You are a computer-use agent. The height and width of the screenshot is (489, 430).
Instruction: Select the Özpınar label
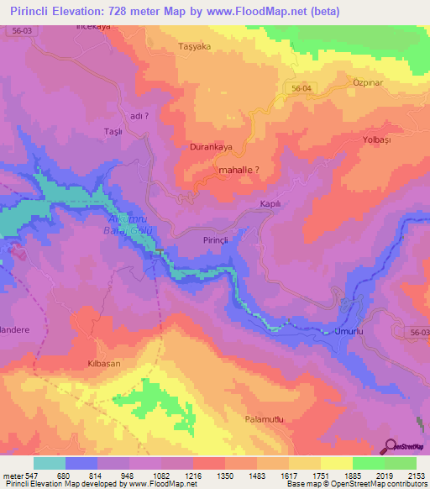click(x=368, y=84)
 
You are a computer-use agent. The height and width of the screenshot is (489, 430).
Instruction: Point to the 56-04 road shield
click(x=302, y=88)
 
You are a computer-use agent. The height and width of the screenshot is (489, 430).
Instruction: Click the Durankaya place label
click(x=210, y=146)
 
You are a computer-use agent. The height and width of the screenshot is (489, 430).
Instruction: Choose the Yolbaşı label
click(x=377, y=138)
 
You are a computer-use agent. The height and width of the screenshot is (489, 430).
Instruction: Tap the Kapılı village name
click(x=270, y=204)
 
